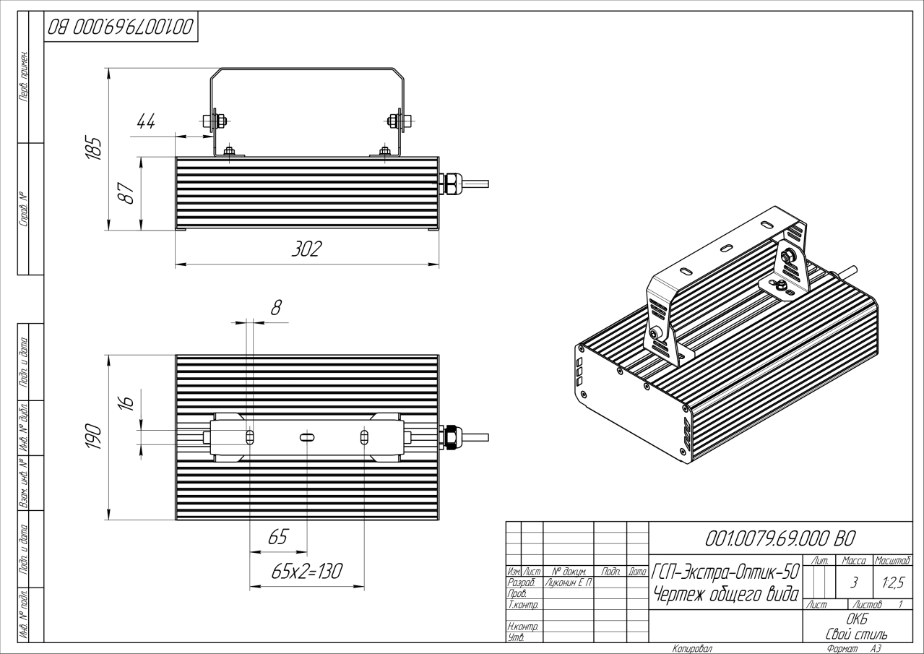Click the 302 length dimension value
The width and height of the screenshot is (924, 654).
(x=306, y=249)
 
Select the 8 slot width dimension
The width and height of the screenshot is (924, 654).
(x=275, y=307)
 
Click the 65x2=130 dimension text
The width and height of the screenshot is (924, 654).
(x=306, y=572)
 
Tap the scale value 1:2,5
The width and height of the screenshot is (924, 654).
(x=891, y=581)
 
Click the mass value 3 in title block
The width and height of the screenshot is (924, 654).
(x=855, y=581)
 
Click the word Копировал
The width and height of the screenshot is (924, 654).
(x=692, y=649)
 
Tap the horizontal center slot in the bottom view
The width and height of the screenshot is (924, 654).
(x=306, y=437)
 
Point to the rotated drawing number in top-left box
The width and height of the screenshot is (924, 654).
(x=121, y=27)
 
